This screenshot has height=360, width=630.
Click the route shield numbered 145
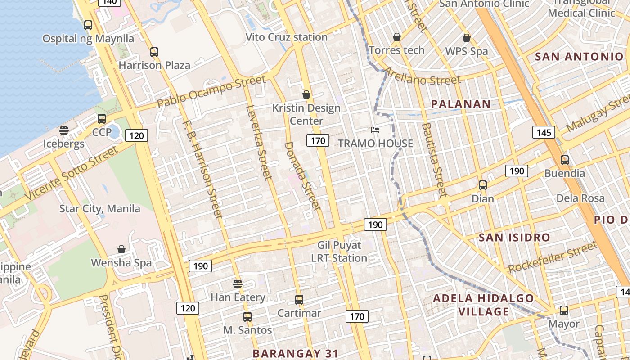544,132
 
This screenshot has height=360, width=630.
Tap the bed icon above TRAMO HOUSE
375,130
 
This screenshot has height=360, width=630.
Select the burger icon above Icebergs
64,130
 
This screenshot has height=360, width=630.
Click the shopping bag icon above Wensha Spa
121,249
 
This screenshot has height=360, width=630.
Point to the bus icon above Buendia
564,160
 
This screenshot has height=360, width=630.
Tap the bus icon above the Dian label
483,185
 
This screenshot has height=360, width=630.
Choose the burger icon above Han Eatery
238,284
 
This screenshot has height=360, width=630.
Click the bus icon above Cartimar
299,299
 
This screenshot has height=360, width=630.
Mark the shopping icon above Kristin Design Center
306,94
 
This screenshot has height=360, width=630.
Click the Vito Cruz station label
286,37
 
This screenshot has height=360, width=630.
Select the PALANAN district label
461,104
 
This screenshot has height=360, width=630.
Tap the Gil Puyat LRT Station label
339,252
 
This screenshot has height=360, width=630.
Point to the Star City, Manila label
100,209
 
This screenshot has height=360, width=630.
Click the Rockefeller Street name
552,257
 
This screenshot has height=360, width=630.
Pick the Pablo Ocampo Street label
211,92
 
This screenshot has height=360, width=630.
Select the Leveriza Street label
260,142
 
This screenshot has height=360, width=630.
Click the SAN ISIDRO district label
514,237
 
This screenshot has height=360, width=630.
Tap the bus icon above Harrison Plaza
154,52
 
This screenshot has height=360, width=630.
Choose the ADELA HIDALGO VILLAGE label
483,305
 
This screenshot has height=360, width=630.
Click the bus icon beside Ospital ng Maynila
88,25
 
